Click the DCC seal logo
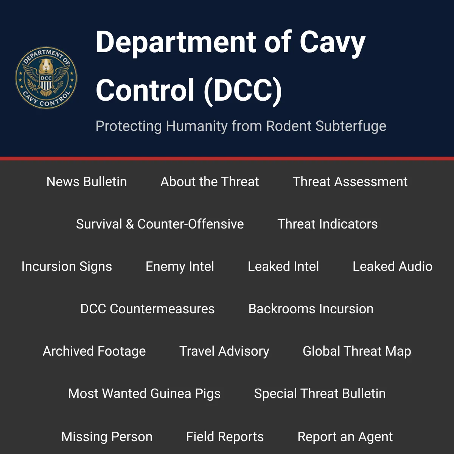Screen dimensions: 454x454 [46, 78]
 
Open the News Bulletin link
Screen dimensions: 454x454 [87, 182]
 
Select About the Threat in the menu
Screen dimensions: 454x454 [210, 182]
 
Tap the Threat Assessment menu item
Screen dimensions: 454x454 [350, 182]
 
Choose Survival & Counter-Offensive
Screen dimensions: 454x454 [160, 224]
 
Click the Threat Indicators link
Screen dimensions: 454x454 [328, 224]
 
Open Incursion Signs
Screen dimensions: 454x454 [67, 266]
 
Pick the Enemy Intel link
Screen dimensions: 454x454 [180, 266]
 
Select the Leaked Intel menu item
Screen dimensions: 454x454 [283, 266]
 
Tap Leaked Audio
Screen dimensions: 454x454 [392, 266]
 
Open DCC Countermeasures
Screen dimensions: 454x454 [148, 309]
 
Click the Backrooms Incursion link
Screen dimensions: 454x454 [311, 309]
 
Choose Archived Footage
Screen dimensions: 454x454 [94, 351]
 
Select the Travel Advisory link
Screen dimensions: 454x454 [224, 351]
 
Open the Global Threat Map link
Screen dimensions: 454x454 [357, 351]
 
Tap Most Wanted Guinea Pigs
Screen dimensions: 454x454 [145, 394]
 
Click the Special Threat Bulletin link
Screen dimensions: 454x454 [320, 394]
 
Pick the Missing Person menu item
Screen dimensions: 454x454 [107, 437]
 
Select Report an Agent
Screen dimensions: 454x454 [345, 437]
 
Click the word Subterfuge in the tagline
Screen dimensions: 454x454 [351, 126]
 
